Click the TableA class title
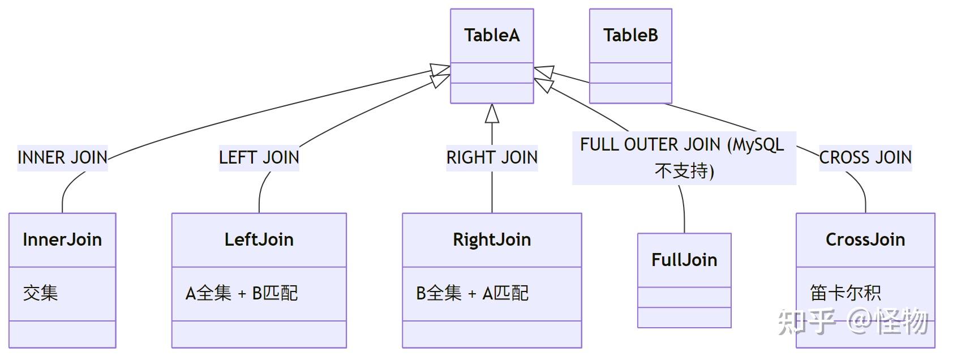[x=492, y=35]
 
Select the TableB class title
[x=630, y=35]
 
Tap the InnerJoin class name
[x=62, y=239]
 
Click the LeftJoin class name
[x=259, y=239]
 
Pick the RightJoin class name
[x=492, y=239]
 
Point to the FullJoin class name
[x=684, y=260]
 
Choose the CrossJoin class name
[x=865, y=239]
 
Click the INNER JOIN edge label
[x=62, y=157]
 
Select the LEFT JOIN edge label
[x=259, y=157]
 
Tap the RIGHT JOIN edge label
[x=492, y=157]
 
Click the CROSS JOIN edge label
[x=865, y=157]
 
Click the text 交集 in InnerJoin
[x=41, y=293]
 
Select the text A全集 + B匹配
[x=242, y=293]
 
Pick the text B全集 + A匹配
[x=472, y=293]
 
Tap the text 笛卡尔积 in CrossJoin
[x=845, y=293]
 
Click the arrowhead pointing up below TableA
[x=492, y=114]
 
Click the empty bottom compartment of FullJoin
[x=684, y=318]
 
